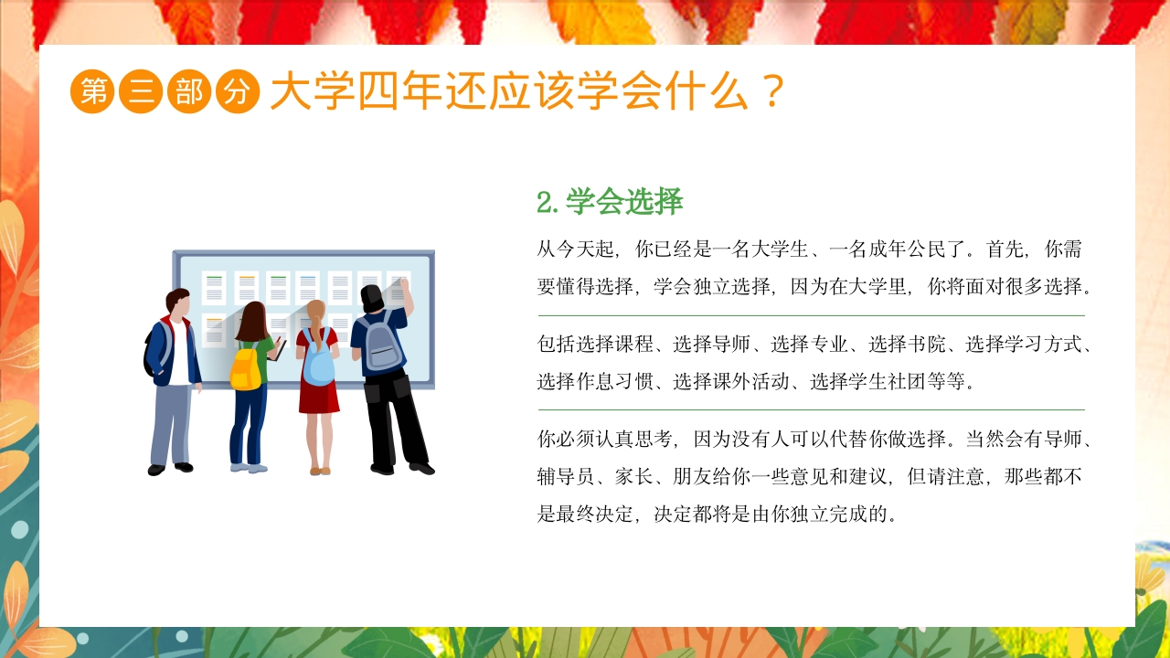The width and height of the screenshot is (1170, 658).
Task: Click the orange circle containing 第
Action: point(92,91)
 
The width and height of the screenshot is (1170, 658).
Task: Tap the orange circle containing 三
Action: point(141,91)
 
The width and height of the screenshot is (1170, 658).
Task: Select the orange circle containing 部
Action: point(189,91)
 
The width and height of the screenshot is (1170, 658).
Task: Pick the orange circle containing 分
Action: point(238,91)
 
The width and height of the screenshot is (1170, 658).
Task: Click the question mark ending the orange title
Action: point(772,91)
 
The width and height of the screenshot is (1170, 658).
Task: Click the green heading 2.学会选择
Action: point(610,202)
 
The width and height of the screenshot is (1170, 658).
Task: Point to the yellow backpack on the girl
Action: point(244,367)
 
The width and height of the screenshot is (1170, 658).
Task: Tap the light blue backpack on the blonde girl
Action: point(319,363)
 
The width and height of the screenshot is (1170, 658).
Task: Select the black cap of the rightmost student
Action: point(372,295)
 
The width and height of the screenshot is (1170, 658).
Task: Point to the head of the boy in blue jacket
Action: point(178,301)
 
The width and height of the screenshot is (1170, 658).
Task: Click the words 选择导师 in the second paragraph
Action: point(712,345)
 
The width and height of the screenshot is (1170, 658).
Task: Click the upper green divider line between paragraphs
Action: point(811,316)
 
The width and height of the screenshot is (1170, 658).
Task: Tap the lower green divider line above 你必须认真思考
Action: point(811,410)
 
